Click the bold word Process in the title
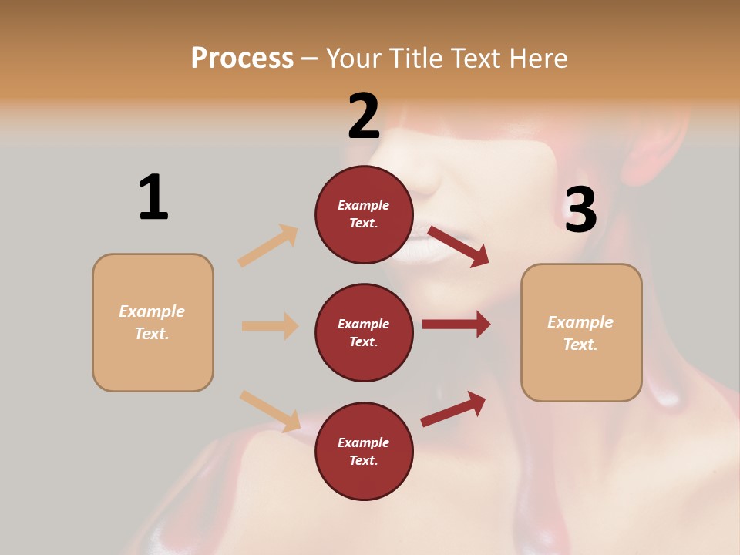pyautogui.click(x=242, y=58)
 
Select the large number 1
pyautogui.click(x=153, y=197)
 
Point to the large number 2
pyautogui.click(x=364, y=116)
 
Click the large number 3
pyautogui.click(x=580, y=210)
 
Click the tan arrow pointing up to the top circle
pyautogui.click(x=268, y=246)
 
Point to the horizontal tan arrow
pyautogui.click(x=270, y=326)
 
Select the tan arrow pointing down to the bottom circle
pyautogui.click(x=270, y=410)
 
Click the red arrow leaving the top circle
pyautogui.click(x=458, y=246)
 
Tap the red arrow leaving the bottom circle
pyautogui.click(x=453, y=409)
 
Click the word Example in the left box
pyautogui.click(x=152, y=311)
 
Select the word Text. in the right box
pyautogui.click(x=580, y=345)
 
